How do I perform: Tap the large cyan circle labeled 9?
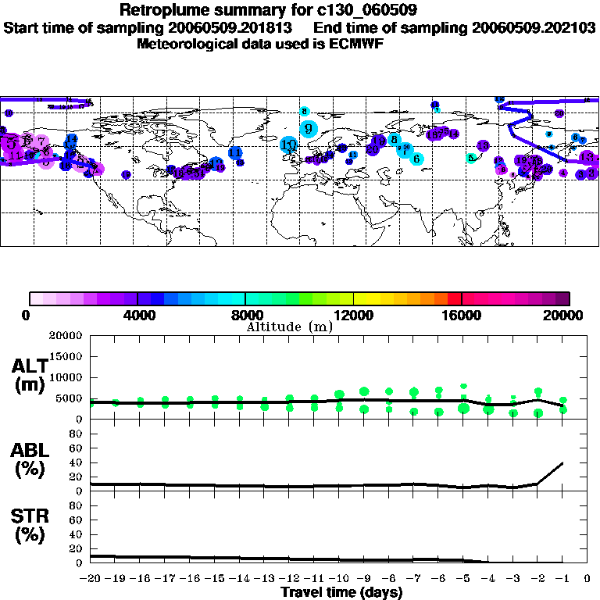click(x=309, y=128)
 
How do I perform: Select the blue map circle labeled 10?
click(x=289, y=145)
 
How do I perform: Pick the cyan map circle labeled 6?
click(x=416, y=159)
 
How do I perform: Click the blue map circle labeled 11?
click(x=234, y=153)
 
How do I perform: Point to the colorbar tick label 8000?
click(x=245, y=316)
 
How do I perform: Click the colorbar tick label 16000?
click(x=462, y=316)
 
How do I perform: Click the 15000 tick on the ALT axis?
click(x=67, y=356)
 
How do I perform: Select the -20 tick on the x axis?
click(x=91, y=579)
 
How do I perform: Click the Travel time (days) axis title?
click(x=341, y=593)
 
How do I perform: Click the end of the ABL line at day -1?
click(x=562, y=462)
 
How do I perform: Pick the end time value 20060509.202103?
click(x=534, y=27)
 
